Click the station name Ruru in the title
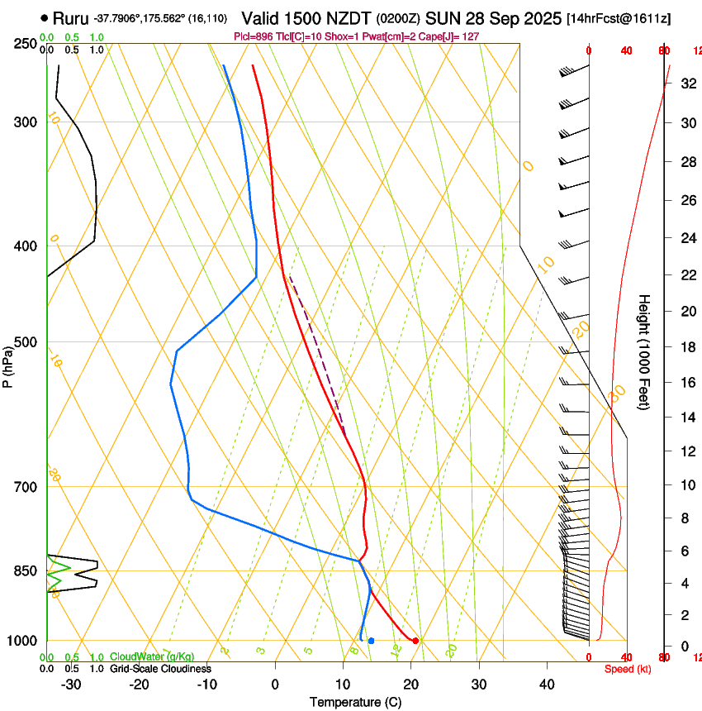[x=70, y=17]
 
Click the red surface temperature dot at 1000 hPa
[x=415, y=641]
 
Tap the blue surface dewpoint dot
[x=372, y=641]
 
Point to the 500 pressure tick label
[x=25, y=342]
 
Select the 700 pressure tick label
[x=25, y=487]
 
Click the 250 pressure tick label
[x=25, y=44]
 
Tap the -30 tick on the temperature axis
[x=71, y=684]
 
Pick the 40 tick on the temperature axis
[x=546, y=684]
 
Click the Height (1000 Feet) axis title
[x=644, y=351]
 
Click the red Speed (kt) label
[x=628, y=668]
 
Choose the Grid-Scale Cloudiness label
[x=160, y=668]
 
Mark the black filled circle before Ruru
[x=44, y=17]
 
